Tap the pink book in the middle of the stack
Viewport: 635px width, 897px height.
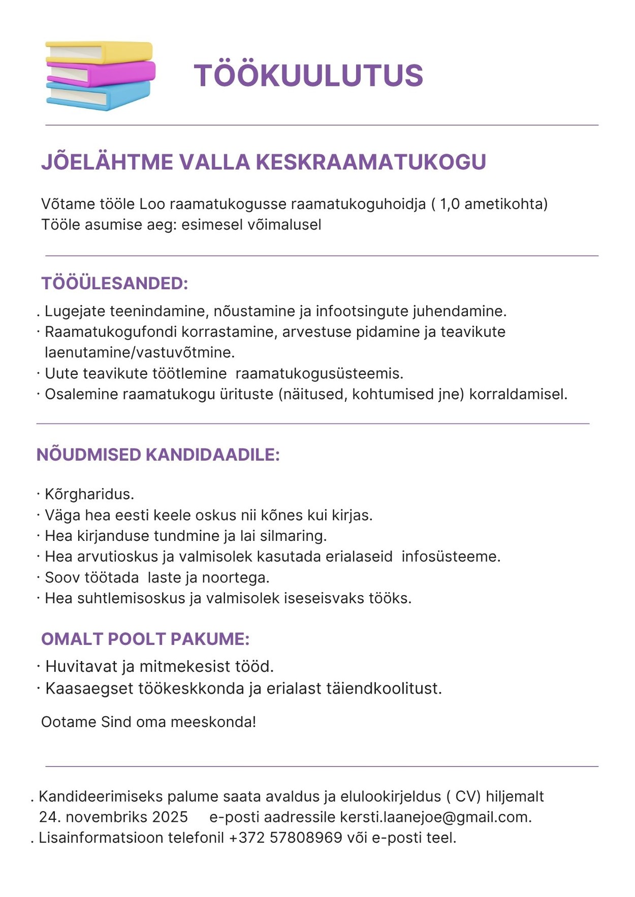click(122, 73)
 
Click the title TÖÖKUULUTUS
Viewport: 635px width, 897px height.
click(308, 76)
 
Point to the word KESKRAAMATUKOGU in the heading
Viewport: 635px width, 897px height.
click(371, 162)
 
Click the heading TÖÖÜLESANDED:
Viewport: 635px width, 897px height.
click(115, 283)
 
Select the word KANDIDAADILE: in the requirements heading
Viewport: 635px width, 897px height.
click(213, 455)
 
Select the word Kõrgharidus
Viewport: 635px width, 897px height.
click(89, 494)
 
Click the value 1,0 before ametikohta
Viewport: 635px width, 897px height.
click(450, 204)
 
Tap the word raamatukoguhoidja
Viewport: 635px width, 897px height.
click(358, 204)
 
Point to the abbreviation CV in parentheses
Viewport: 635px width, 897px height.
click(468, 796)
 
